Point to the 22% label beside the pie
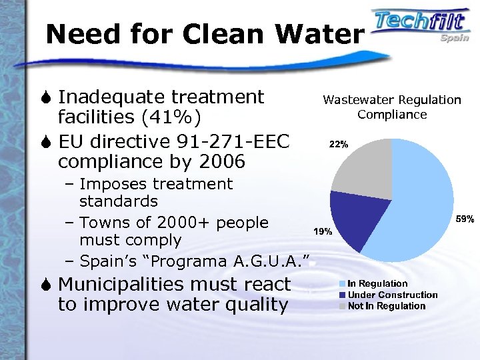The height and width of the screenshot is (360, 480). point(337,144)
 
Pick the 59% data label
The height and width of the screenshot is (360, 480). point(465,218)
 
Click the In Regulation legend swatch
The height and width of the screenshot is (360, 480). point(342,284)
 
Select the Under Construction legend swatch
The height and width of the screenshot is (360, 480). point(342,295)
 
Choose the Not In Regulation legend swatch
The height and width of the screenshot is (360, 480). point(342,306)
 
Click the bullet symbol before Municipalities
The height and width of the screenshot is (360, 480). point(48,285)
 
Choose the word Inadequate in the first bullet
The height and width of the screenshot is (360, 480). point(107,97)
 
